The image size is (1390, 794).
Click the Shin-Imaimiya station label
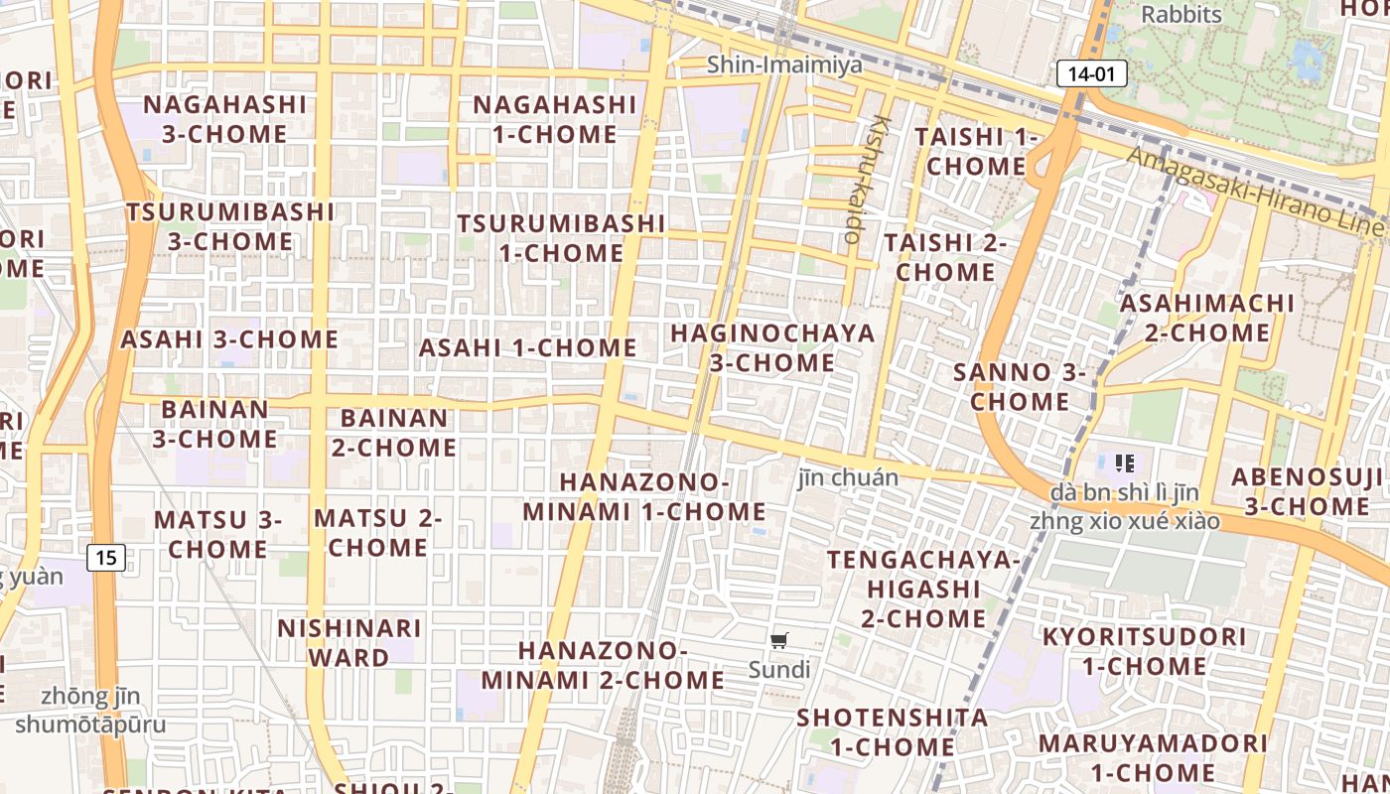[784, 65]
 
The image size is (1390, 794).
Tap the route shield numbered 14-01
[1091, 72]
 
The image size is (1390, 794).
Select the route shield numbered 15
[106, 558]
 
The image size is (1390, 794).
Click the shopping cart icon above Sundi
[779, 641]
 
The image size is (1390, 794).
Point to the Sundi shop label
[779, 670]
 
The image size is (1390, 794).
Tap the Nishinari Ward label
[348, 642]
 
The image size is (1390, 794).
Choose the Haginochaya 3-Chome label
[772, 347]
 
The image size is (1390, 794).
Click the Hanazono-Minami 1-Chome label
[644, 496]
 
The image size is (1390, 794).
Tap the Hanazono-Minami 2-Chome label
[604, 665]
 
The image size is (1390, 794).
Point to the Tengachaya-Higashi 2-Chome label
[923, 589]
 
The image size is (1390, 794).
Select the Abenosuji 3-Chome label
[1307, 491]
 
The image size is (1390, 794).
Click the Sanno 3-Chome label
[1020, 387]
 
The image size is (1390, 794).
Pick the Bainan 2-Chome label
[394, 433]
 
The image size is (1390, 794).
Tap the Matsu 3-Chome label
[217, 534]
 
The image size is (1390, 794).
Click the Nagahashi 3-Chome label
[225, 119]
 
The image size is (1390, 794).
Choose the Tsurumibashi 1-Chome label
[561, 238]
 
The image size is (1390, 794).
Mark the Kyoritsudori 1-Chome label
[1144, 650]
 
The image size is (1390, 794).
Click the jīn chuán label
[848, 477]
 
